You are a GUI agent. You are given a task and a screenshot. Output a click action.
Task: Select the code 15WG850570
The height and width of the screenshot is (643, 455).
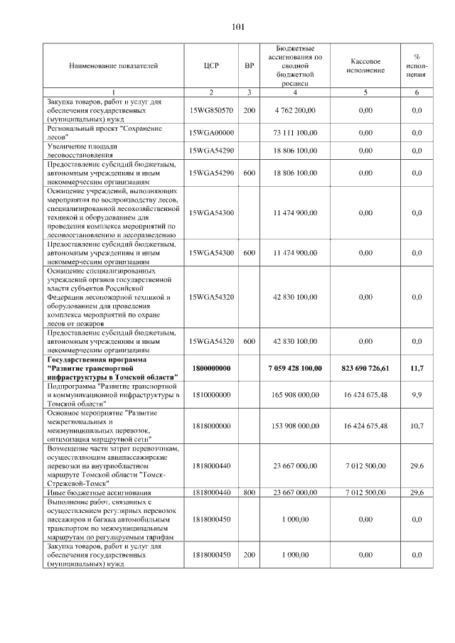click(x=211, y=111)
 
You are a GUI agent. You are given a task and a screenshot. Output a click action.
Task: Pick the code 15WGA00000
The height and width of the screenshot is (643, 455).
click(x=211, y=133)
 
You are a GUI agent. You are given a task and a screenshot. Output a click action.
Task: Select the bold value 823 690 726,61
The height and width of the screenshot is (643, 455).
click(x=365, y=368)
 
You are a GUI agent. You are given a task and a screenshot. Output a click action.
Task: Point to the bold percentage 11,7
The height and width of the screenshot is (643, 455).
click(x=417, y=368)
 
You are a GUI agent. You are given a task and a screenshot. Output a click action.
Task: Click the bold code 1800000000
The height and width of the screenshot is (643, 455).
click(x=211, y=368)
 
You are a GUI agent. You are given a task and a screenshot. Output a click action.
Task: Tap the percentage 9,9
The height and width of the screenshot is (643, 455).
click(x=417, y=394)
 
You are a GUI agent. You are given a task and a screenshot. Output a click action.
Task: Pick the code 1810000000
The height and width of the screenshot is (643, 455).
click(x=211, y=394)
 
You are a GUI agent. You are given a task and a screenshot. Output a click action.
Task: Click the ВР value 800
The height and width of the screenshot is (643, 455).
click(x=249, y=492)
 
